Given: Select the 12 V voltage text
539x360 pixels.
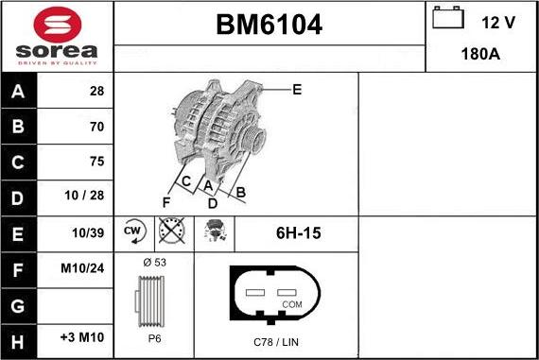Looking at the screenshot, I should tap(496, 21).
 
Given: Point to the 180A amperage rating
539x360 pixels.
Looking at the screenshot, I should tap(480, 55).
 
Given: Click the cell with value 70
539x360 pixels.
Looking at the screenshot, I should tap(96, 126).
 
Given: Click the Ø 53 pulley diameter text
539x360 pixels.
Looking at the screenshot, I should tap(153, 261).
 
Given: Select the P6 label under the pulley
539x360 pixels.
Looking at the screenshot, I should tap(153, 338).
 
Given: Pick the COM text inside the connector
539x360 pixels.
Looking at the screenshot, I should tap(293, 304).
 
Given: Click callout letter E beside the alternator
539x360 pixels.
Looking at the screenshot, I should tap(296, 90).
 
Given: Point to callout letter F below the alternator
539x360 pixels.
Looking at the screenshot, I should tap(166, 201).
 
